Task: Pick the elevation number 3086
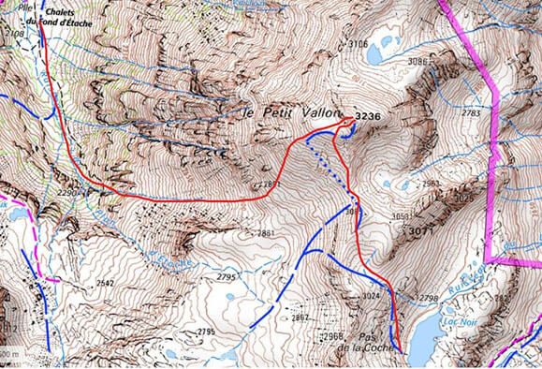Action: tap(417, 62)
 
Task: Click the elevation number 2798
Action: tap(427, 298)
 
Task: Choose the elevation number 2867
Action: tap(300, 317)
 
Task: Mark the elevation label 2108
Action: tap(16, 33)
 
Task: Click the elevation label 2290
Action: tap(69, 193)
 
